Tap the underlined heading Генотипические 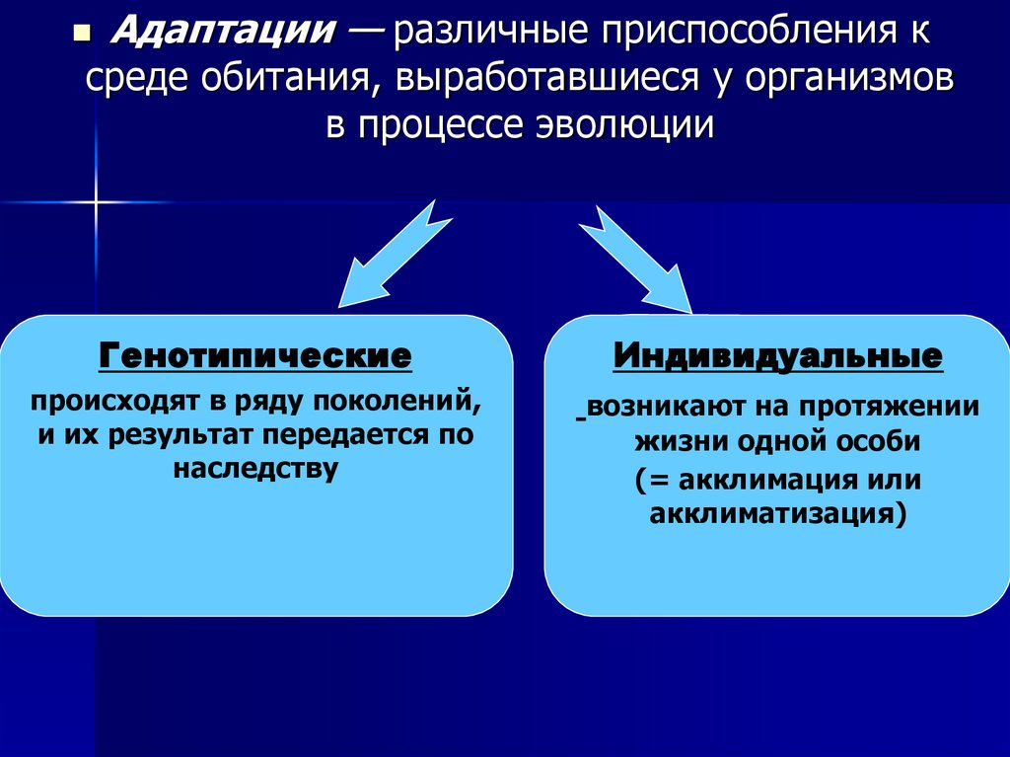coord(254,356)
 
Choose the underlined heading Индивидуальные coord(777,356)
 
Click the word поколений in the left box coord(403,405)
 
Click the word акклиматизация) coord(777,513)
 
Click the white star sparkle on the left coord(97,202)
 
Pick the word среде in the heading coord(134,81)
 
